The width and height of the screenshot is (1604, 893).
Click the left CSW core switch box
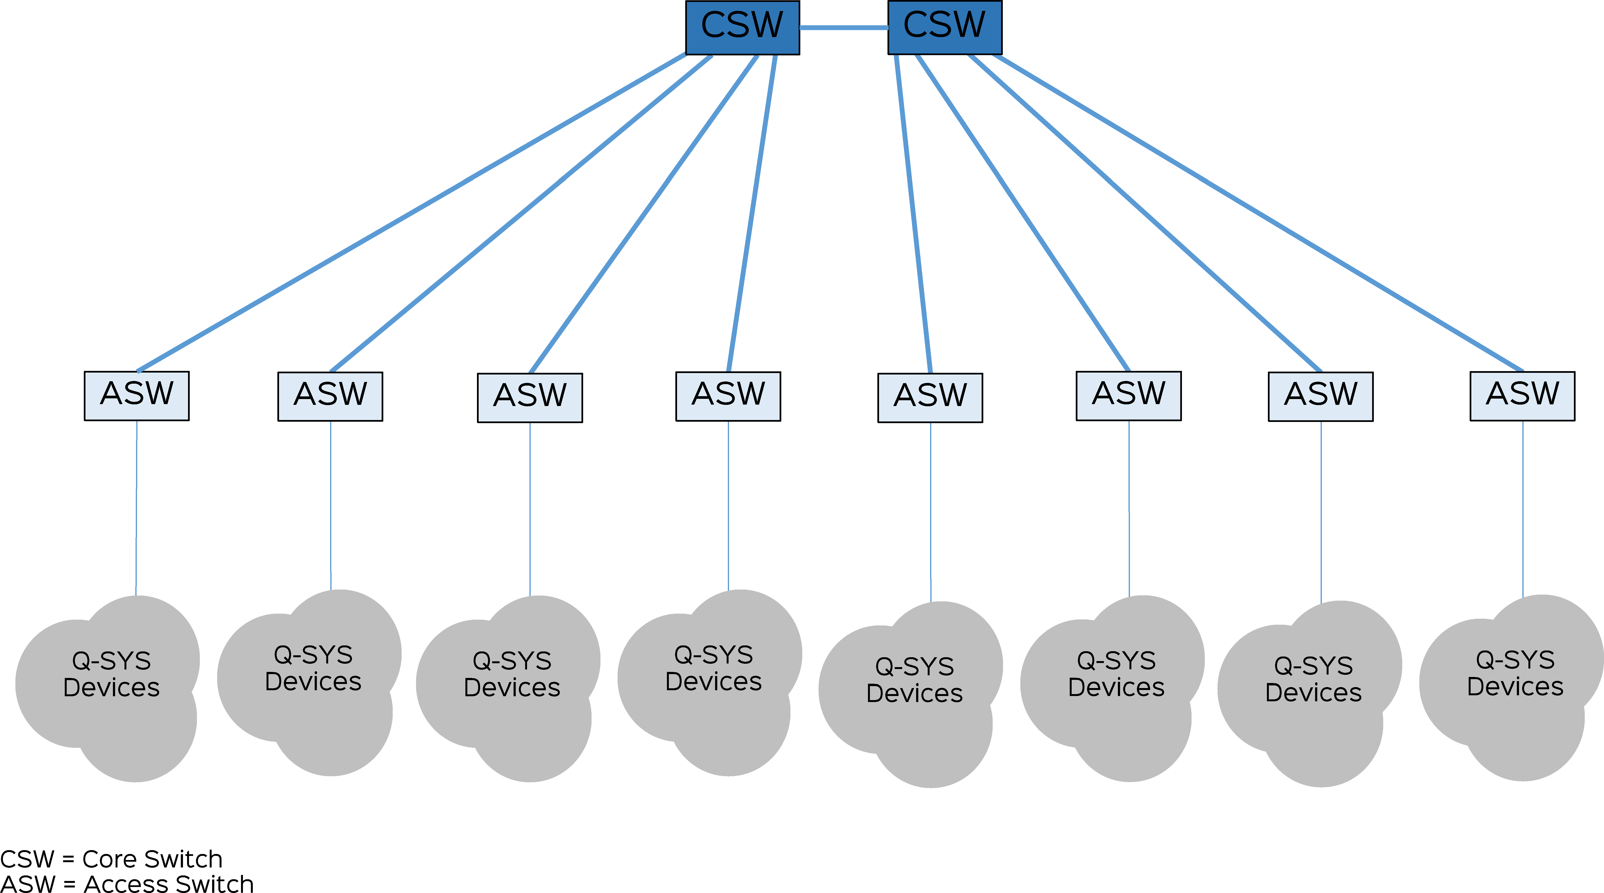742,27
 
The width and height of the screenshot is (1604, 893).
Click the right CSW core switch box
945,27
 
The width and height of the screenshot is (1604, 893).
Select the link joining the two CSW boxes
844,27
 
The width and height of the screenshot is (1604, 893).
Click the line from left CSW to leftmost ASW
411,212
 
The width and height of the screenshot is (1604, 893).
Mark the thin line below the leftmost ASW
136,507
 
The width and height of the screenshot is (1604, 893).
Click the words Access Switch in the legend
168,884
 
